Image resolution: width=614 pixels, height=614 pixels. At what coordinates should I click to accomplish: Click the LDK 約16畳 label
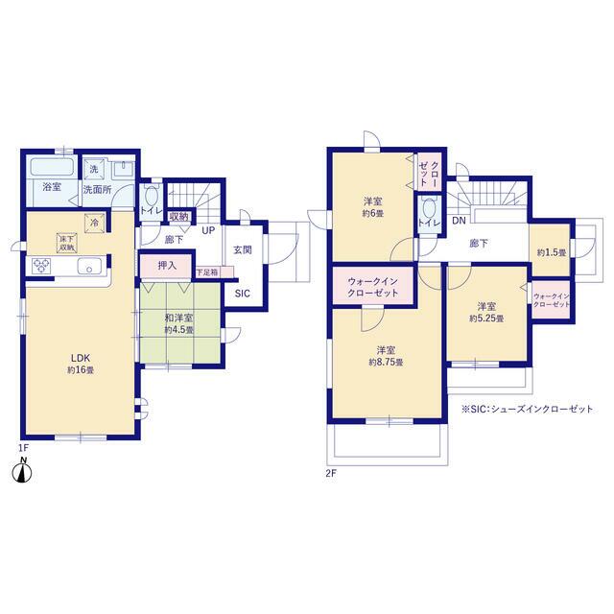click(81, 364)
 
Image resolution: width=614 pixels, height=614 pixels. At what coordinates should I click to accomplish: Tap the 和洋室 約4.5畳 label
click(179, 324)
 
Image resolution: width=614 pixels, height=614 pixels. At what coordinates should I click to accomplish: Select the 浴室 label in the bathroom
click(52, 187)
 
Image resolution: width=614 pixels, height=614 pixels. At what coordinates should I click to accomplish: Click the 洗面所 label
click(97, 190)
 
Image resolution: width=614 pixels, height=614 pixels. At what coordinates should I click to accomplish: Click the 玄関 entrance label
click(243, 249)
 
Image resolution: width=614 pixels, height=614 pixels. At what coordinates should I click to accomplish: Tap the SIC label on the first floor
click(243, 294)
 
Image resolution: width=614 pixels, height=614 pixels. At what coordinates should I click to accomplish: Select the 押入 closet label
click(167, 266)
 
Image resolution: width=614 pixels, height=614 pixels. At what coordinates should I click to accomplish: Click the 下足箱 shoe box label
click(207, 272)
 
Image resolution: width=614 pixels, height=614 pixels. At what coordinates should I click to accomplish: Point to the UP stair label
click(208, 230)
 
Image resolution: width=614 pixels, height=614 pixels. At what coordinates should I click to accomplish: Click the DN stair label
click(459, 221)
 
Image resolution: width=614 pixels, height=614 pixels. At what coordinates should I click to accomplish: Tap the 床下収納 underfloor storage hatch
click(67, 243)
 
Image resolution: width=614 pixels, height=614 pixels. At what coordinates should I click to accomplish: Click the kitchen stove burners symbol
click(41, 265)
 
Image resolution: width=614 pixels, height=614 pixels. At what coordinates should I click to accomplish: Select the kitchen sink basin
click(89, 266)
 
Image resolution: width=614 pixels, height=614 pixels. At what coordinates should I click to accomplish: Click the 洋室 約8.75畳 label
click(386, 356)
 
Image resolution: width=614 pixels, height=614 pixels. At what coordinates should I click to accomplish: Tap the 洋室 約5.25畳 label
click(486, 312)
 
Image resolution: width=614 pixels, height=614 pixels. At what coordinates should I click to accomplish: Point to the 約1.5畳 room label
click(552, 253)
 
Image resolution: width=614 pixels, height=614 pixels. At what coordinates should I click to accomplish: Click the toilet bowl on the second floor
click(429, 208)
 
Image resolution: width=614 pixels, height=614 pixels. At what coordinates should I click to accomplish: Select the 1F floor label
click(24, 448)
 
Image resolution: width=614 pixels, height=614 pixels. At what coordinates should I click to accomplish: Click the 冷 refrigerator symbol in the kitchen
click(94, 224)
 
